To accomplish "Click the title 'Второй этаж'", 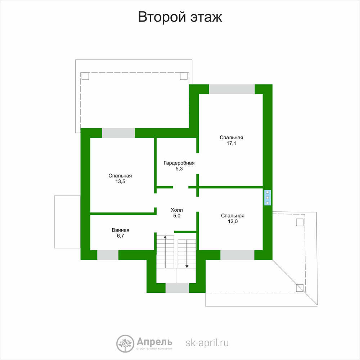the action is (180, 17).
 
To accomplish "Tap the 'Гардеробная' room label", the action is (179, 163).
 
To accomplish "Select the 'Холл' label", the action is (177, 210).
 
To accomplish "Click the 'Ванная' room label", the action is (121, 230).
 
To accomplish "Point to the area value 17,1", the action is (231, 143).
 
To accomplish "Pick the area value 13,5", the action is (120, 181).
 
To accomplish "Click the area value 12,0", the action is (233, 221).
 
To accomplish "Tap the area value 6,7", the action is (121, 236).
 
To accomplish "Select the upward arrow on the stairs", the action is (165, 252).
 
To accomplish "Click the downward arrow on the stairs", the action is (187, 254).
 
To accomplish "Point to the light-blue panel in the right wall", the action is (267, 197).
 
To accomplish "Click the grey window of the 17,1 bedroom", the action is (232, 89).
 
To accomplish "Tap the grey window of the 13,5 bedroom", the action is (118, 133).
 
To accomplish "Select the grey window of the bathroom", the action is (108, 255).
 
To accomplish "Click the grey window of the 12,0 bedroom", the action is (237, 255).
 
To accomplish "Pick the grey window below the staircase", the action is (177, 288).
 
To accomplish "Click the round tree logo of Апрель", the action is (125, 343).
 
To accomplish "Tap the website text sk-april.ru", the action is (207, 343).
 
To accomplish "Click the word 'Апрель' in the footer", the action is (154, 342).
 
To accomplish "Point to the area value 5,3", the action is (179, 169).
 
